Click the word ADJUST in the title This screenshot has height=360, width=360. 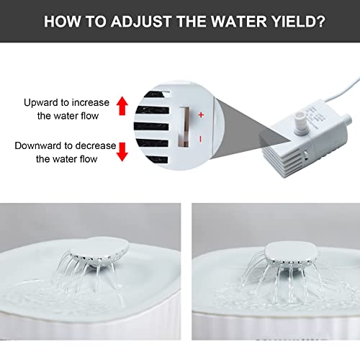[x=141, y=22]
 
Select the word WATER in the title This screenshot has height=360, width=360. [x=239, y=22]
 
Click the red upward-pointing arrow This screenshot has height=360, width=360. [x=122, y=106]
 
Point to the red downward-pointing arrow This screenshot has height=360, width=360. [x=122, y=152]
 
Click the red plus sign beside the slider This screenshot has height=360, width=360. [x=201, y=115]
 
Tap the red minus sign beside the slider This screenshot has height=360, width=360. [x=201, y=139]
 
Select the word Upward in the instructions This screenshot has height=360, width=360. [x=40, y=103]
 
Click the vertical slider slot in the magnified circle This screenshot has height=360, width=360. [x=184, y=127]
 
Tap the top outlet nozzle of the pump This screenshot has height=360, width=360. [x=300, y=121]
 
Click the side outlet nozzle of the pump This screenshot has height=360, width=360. [x=346, y=118]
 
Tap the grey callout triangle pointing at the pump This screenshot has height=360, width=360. [x=251, y=128]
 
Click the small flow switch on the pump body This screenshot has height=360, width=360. [x=306, y=155]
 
